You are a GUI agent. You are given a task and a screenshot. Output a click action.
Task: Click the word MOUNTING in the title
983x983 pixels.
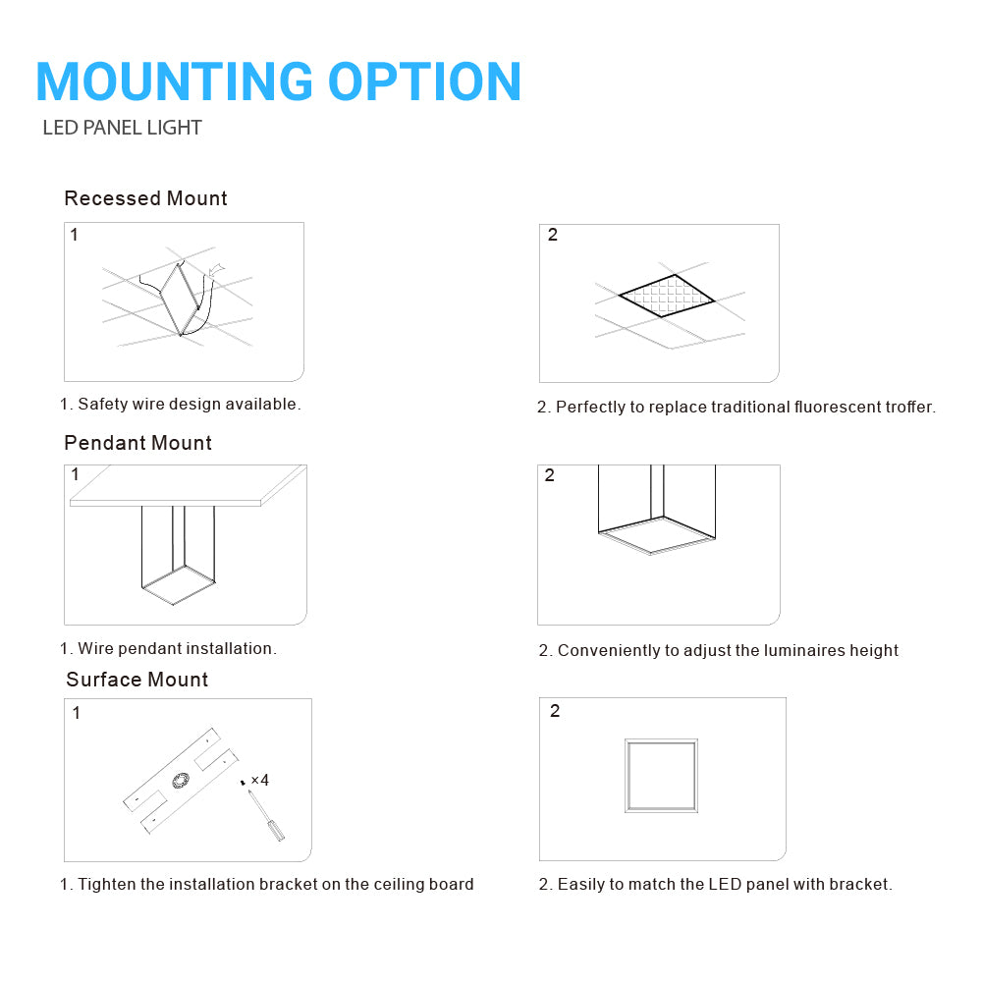(x=175, y=81)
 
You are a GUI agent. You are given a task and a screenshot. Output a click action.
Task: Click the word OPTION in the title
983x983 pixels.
(x=424, y=81)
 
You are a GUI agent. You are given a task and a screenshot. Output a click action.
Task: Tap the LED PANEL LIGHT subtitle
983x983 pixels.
(x=122, y=128)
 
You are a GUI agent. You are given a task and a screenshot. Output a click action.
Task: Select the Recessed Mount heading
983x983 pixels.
(x=145, y=198)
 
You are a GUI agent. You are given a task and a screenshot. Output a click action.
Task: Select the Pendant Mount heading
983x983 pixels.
(x=137, y=443)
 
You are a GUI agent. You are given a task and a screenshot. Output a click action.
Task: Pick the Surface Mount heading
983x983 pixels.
(x=137, y=680)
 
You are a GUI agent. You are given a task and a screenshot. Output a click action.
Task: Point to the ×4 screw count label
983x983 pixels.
(x=259, y=780)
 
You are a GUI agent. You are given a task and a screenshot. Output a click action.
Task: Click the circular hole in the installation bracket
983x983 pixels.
(x=181, y=781)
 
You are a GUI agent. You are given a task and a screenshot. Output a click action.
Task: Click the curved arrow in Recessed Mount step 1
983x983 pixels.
(x=216, y=270)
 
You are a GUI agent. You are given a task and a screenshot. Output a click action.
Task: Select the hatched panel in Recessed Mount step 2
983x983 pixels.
(x=667, y=296)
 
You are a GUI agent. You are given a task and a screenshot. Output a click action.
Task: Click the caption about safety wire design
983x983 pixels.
(x=181, y=405)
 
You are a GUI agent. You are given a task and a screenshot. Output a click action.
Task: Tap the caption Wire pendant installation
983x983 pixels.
(x=168, y=648)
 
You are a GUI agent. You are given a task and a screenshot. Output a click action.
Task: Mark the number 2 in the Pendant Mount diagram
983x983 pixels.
(x=550, y=475)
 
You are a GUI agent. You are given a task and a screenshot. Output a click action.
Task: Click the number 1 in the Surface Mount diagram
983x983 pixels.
(x=77, y=713)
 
